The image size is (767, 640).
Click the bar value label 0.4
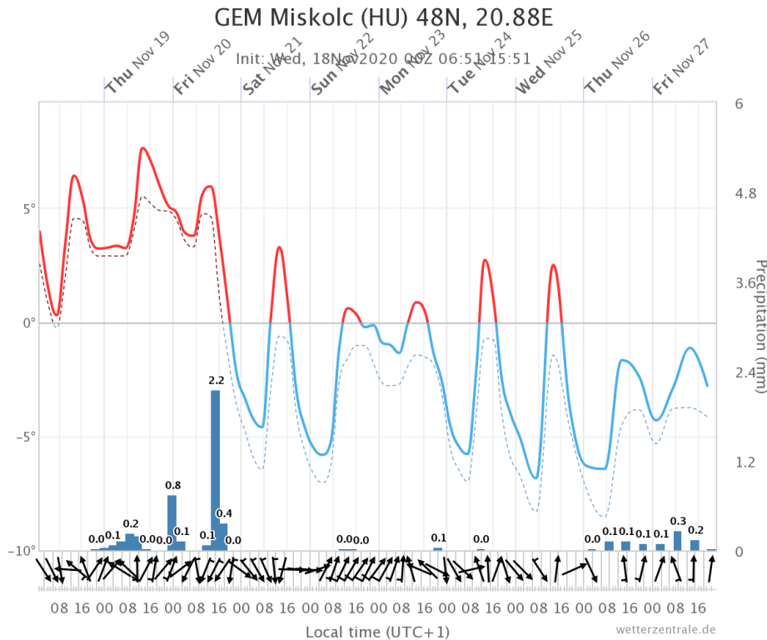point(224,513)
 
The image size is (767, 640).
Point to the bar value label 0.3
point(678,521)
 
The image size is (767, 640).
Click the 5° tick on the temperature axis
point(26,208)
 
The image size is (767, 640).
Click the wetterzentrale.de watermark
point(665,629)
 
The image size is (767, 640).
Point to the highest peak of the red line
point(142,148)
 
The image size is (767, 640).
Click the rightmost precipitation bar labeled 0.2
point(695,545)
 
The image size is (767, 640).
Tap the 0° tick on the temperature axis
point(28,322)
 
